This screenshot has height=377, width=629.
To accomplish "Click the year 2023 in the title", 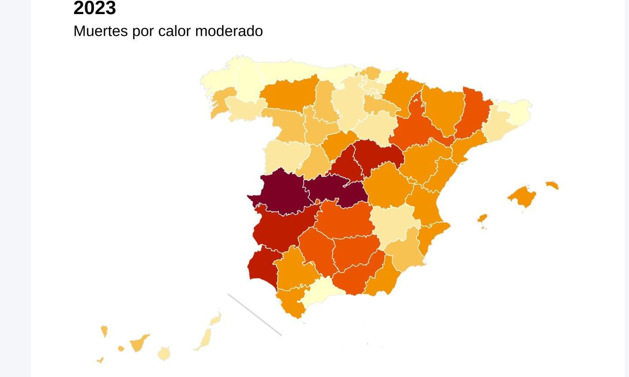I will click(x=94, y=8).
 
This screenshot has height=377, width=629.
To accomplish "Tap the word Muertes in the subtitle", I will click(x=100, y=31).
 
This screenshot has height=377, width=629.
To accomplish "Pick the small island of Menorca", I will click(x=552, y=185).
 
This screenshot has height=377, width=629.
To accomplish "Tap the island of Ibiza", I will click(x=482, y=218).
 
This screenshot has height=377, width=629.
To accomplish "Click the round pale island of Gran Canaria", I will click(x=164, y=353).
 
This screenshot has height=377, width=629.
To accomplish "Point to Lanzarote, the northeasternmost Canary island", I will click(x=216, y=318).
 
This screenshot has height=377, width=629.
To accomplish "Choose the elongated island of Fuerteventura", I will click(x=205, y=339).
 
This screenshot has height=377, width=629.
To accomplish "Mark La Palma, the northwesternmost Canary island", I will click(x=104, y=331).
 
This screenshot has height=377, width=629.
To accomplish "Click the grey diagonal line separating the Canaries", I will click(x=254, y=315).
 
